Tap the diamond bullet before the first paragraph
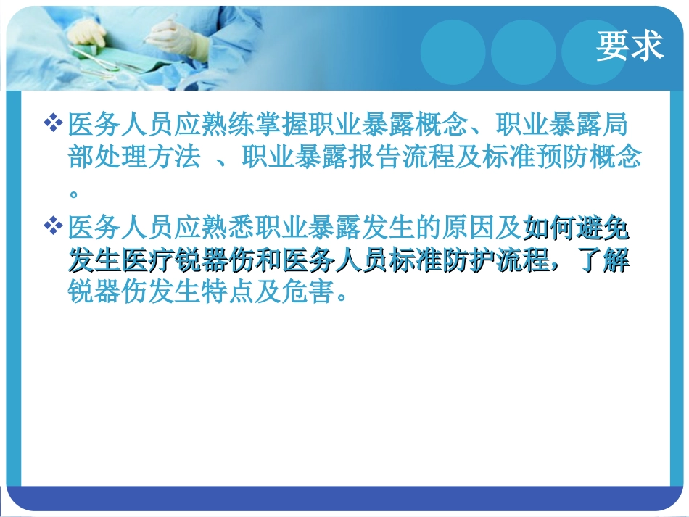(53, 123)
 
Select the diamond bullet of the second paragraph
(53, 228)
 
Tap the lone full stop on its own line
(73, 194)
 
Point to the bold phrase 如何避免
(576, 229)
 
